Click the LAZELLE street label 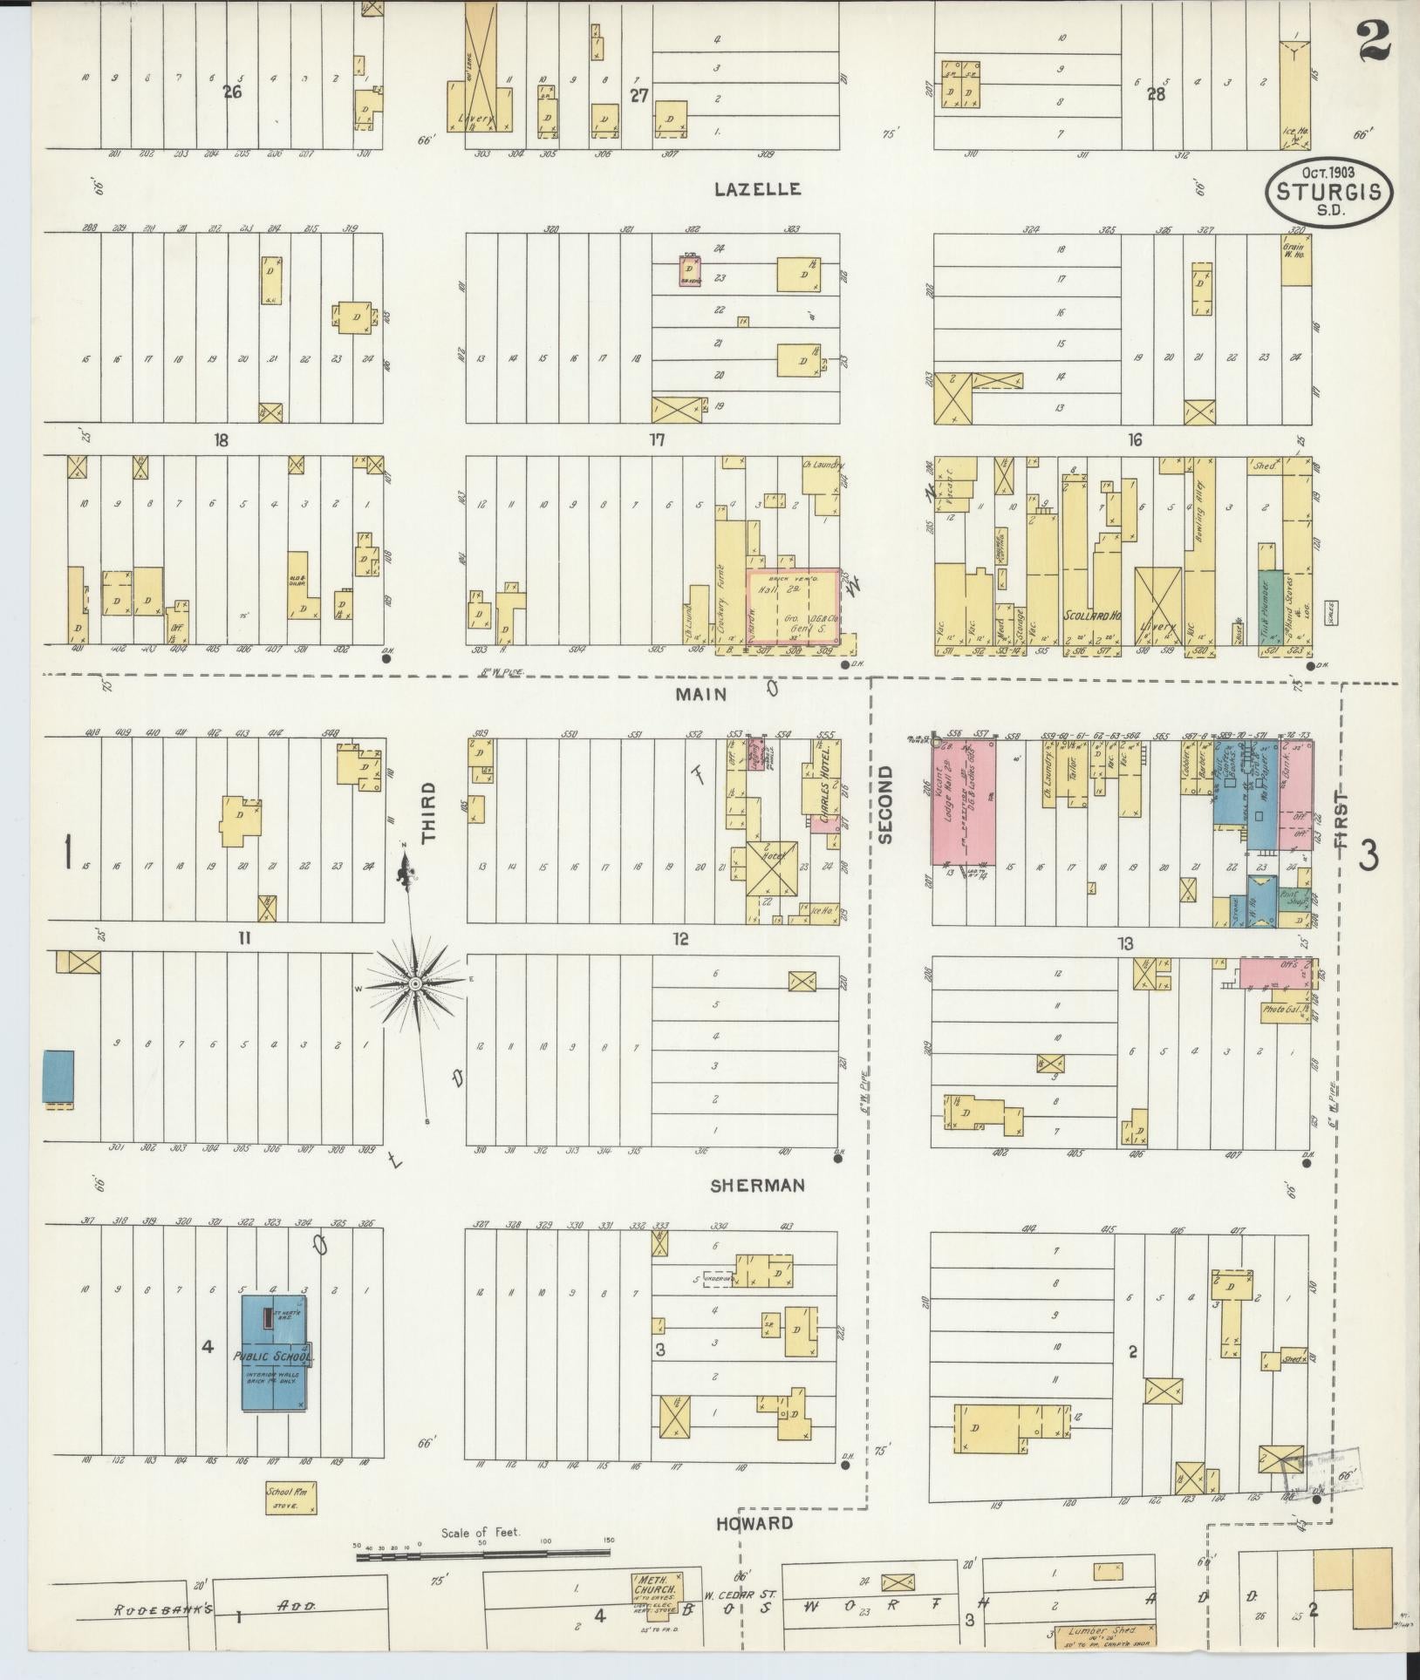[x=756, y=189]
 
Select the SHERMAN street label [x=756, y=1186]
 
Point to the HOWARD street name [x=754, y=1523]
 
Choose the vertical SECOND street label [x=886, y=805]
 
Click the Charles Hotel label [x=824, y=792]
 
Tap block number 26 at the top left [x=232, y=92]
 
